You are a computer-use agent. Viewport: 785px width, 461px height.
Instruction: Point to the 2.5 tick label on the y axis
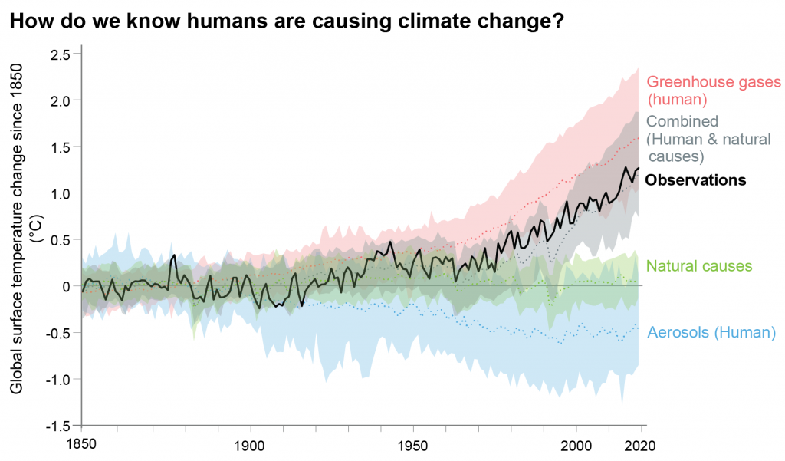(61, 54)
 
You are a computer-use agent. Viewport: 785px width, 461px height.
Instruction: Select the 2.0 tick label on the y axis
(61, 100)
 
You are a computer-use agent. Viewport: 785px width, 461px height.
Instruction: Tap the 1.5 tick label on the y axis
(61, 147)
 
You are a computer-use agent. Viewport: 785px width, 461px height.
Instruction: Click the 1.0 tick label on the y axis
(61, 193)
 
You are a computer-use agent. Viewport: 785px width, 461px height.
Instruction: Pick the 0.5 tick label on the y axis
(61, 240)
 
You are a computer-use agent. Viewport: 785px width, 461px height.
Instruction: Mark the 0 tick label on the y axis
(67, 286)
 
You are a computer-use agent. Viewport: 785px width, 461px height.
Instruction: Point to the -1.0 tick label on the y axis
(59, 379)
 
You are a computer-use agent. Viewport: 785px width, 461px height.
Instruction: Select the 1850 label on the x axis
(81, 445)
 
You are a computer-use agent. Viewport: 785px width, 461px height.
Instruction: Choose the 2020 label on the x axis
(641, 445)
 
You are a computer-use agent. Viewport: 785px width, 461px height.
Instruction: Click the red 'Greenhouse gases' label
(713, 82)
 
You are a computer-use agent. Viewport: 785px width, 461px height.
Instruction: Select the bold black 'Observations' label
(695, 181)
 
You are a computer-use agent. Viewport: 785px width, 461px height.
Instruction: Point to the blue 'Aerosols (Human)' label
(711, 333)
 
